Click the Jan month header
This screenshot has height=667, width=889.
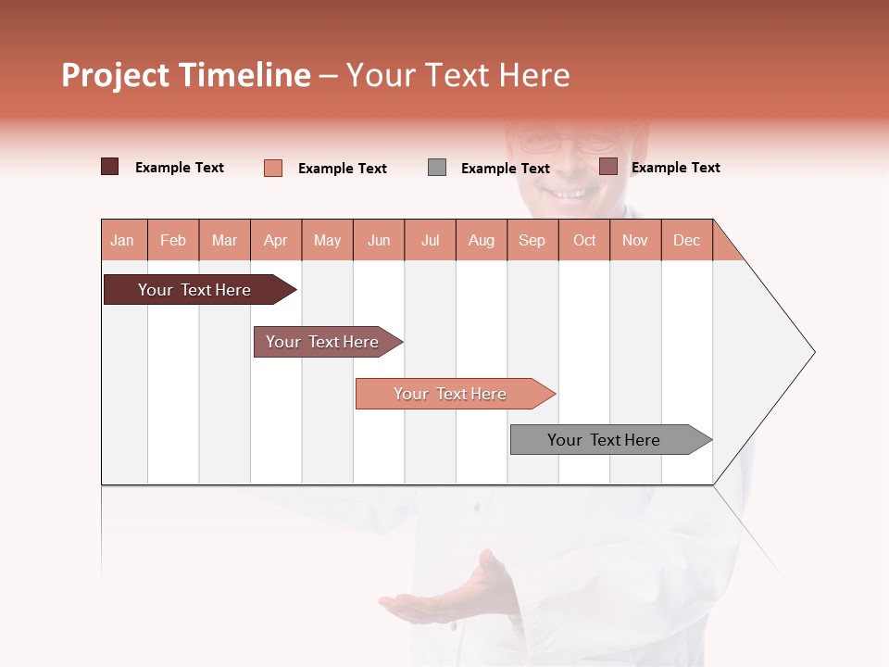[123, 240]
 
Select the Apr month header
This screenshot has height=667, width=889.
[276, 240]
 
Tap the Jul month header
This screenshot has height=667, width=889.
[430, 240]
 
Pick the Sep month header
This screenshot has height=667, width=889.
[532, 240]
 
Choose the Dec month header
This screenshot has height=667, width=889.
[686, 240]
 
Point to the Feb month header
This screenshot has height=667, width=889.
[173, 240]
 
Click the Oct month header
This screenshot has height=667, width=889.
[584, 240]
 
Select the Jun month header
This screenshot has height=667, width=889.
[379, 240]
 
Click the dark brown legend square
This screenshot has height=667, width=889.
[110, 167]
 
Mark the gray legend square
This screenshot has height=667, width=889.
[437, 168]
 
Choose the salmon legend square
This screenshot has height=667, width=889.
[273, 168]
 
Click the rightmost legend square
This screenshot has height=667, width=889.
[608, 167]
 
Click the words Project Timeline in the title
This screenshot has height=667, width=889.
[186, 75]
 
